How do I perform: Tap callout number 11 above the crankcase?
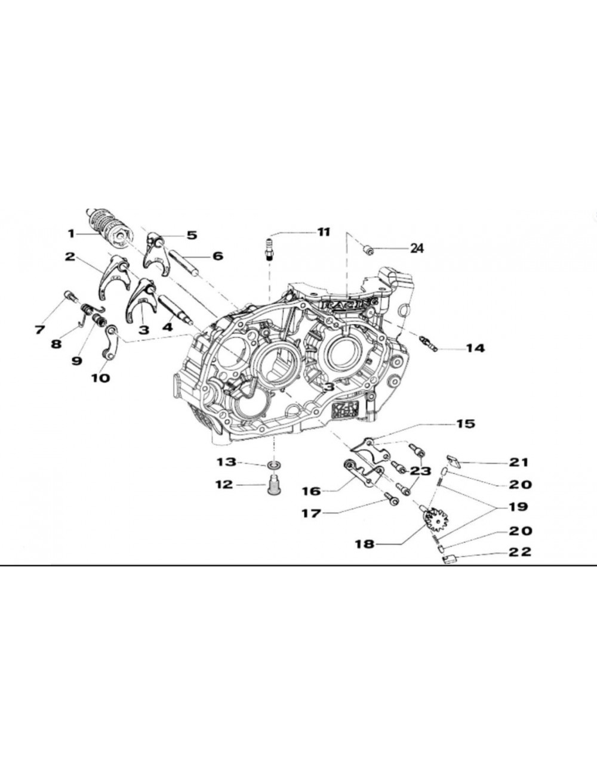pos(323,232)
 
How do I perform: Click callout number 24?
pos(416,248)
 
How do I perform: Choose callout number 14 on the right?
pos(475,348)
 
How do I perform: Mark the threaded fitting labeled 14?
pos(430,343)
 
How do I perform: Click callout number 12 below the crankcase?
pos(224,485)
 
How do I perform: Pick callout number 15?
pos(465,424)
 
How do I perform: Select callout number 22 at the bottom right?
pos(519,552)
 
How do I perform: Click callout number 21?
pos(519,462)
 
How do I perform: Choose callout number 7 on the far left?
pos(40,329)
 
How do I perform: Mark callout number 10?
pos(100,377)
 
